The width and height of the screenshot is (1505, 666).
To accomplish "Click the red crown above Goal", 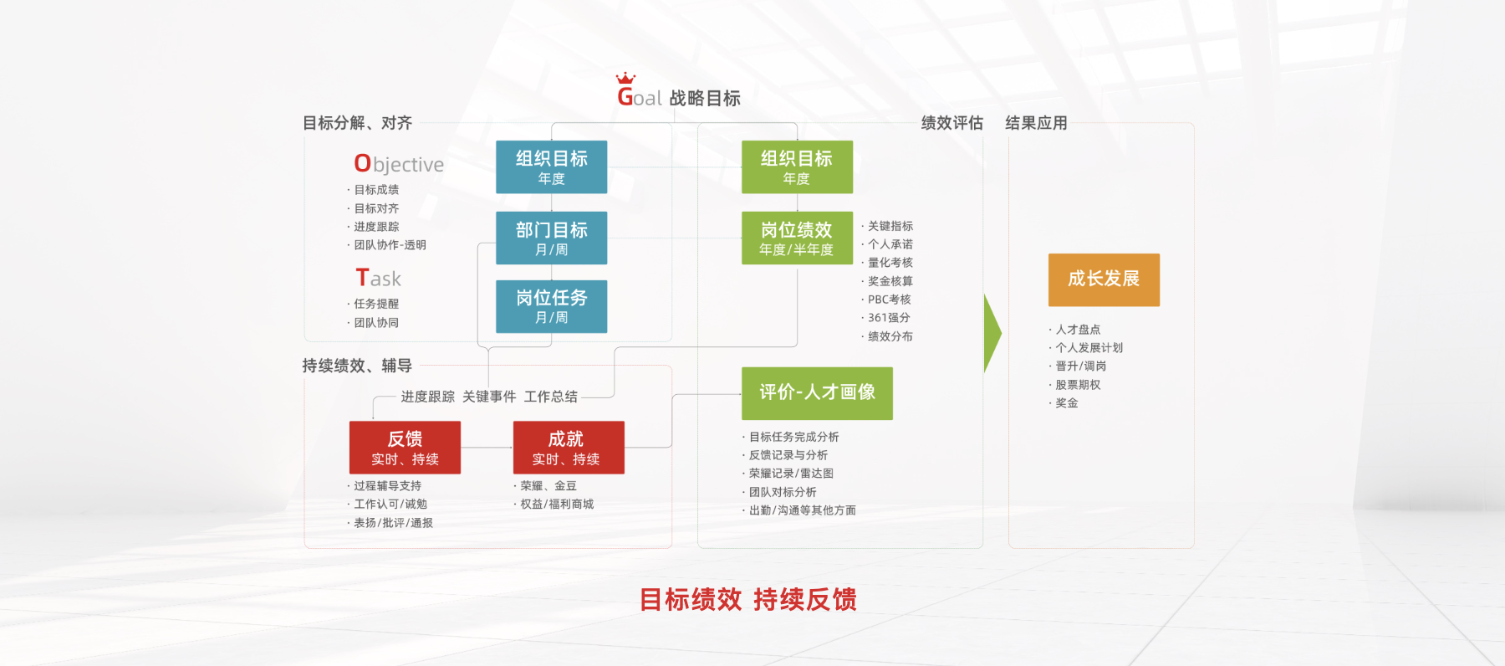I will point(625,78).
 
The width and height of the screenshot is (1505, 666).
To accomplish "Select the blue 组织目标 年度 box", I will point(551,167).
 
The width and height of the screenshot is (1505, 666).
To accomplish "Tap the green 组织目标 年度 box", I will point(797,167).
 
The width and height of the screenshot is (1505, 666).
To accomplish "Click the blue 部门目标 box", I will point(551,238).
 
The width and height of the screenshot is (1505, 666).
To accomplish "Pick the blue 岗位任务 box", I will point(551,307).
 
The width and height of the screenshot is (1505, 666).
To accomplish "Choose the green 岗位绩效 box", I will point(797,238).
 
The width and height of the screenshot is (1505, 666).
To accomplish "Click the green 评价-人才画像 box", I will point(817,393).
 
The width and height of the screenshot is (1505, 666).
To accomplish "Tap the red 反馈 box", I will point(405,448).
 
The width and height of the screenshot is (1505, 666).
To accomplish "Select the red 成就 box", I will point(569,448).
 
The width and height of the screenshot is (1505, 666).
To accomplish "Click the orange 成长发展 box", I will point(1104,279).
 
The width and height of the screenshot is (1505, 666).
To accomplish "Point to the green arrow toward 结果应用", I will point(992,333).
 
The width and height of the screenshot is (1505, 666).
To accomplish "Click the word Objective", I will point(399,164).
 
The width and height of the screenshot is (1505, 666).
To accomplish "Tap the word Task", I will point(379,278).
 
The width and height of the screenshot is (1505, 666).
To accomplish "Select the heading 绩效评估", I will point(951,123).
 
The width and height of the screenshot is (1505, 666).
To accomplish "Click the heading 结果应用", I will point(1036,123).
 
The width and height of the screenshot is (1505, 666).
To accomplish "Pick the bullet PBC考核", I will point(889,300).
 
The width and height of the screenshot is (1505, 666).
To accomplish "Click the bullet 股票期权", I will point(1078,385).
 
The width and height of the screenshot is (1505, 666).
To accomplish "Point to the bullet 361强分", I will point(889,318).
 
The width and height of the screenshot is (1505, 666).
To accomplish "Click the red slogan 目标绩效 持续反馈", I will point(747,599).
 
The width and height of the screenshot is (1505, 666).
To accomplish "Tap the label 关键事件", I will point(489,397).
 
